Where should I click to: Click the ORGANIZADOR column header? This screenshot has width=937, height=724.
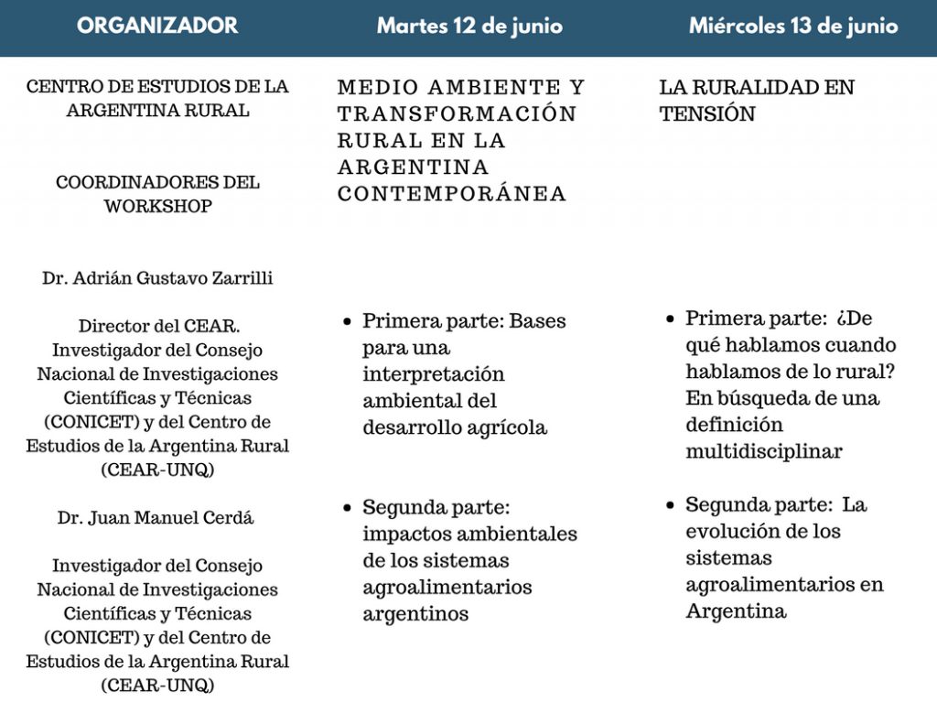(157, 26)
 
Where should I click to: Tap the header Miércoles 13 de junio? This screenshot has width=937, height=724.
(793, 26)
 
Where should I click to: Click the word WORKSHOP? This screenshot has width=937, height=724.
(157, 207)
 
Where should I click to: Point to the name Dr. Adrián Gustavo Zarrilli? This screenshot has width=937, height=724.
(157, 278)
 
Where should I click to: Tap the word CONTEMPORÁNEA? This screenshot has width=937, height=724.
(452, 194)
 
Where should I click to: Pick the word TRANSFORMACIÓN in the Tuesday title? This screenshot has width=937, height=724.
(457, 114)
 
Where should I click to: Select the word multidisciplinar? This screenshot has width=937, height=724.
(764, 451)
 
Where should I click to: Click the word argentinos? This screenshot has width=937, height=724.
(415, 614)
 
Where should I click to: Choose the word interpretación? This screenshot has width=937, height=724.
(434, 374)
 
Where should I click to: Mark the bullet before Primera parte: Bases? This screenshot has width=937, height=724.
(347, 322)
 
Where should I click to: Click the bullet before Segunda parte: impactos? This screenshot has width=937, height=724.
(347, 508)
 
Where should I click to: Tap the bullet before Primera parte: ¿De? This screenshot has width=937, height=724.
(670, 319)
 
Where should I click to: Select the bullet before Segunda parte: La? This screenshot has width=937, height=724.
(670, 505)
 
